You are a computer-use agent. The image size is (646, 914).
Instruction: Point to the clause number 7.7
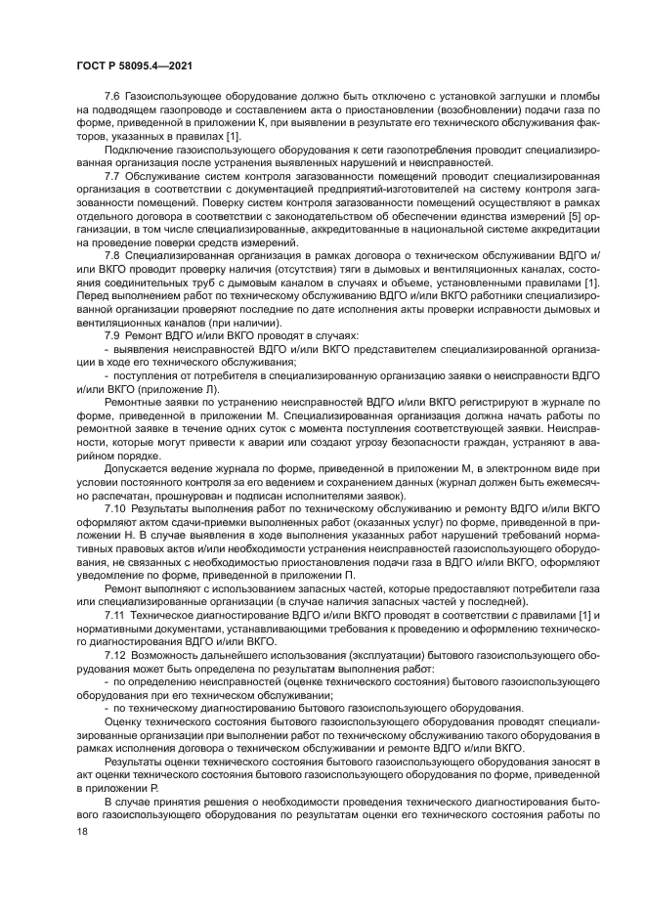tap(111, 176)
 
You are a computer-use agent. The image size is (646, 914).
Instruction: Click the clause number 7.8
tap(111, 254)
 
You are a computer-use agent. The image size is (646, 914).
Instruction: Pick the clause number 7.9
tap(111, 334)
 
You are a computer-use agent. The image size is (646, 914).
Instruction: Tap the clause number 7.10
tap(114, 508)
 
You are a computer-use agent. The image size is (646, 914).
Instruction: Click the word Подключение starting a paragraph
tap(136, 150)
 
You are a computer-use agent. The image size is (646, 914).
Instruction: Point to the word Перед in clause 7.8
tap(91, 293)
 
